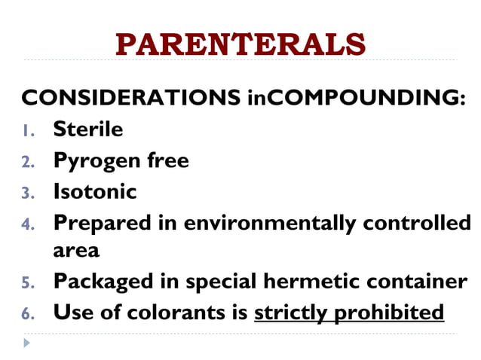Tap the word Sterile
point(87,130)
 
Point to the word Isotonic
point(94,192)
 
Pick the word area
point(76,249)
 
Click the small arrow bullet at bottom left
point(27,343)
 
